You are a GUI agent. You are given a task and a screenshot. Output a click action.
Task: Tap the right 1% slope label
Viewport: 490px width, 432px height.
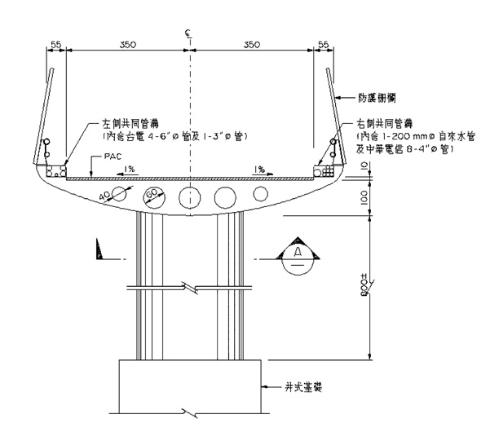(258, 169)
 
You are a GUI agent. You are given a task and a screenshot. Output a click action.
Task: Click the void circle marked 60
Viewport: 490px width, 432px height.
(152, 196)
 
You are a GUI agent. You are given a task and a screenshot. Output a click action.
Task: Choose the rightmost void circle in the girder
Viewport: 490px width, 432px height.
(261, 194)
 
